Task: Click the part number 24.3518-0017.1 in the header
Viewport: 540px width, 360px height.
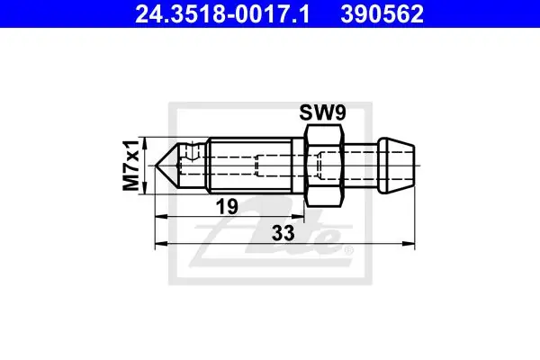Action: click(x=222, y=14)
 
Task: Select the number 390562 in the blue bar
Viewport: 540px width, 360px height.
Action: click(x=382, y=14)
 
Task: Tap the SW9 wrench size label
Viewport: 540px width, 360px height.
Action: click(x=322, y=112)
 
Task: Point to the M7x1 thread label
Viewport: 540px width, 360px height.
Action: click(x=131, y=166)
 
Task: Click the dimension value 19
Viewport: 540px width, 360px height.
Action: click(x=227, y=207)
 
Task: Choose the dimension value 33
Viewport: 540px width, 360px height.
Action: click(x=283, y=233)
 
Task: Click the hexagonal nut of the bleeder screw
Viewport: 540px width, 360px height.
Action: click(x=325, y=166)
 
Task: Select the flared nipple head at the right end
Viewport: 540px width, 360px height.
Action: click(x=396, y=166)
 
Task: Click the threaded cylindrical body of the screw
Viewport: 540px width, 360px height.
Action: click(x=251, y=166)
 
